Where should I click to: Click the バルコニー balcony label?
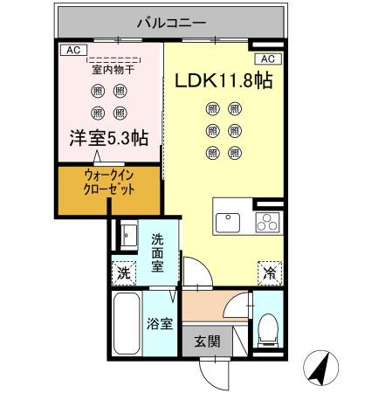(x=171, y=20)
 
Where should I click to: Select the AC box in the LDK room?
(x=268, y=59)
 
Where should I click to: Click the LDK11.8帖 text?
(x=224, y=80)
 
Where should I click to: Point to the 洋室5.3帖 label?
(x=109, y=138)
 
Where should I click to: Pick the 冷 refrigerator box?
(x=268, y=272)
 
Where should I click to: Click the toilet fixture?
(x=267, y=325)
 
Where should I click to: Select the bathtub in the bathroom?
(x=127, y=324)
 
